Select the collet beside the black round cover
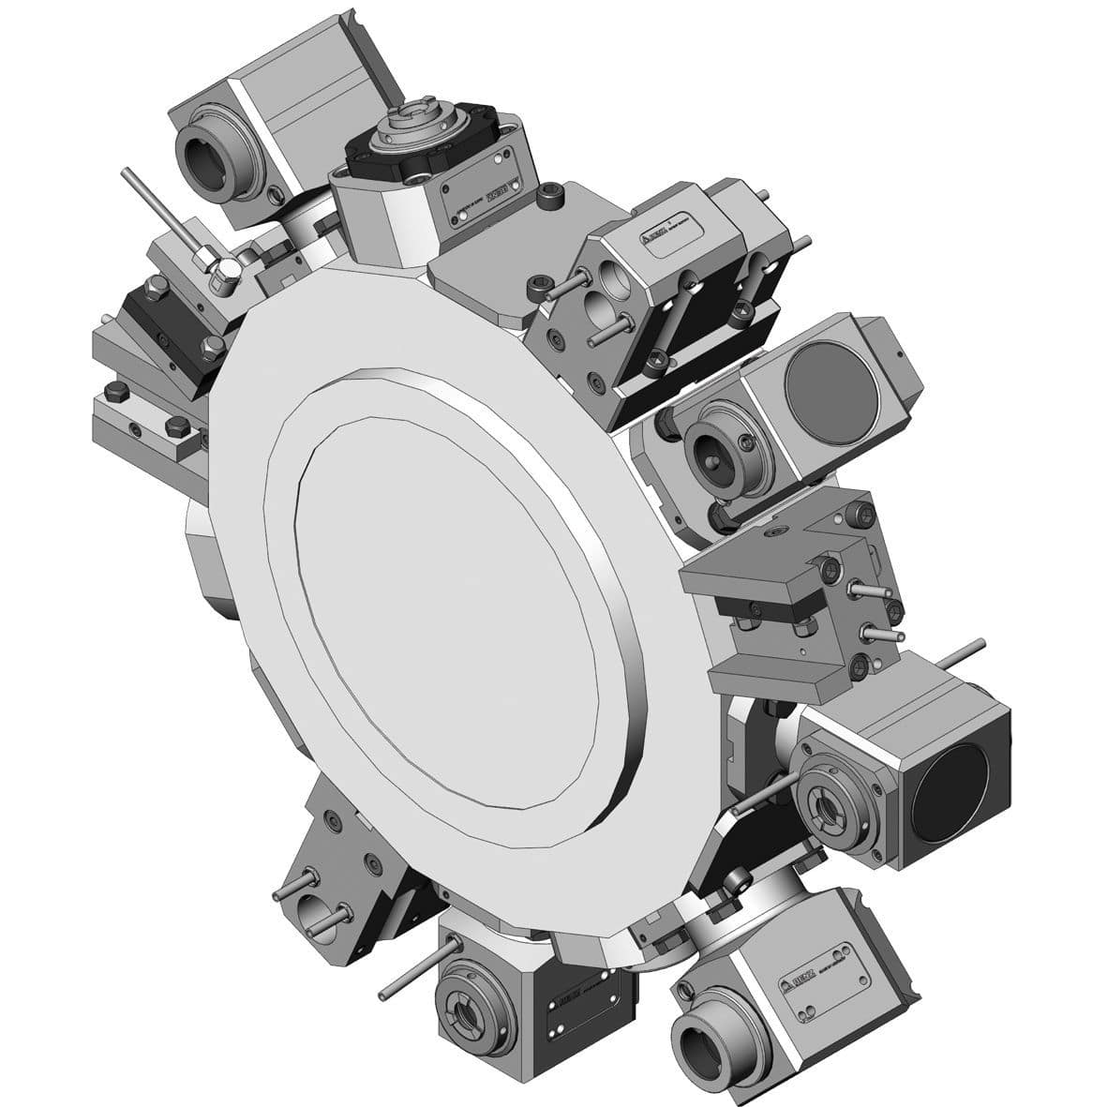[834, 801]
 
